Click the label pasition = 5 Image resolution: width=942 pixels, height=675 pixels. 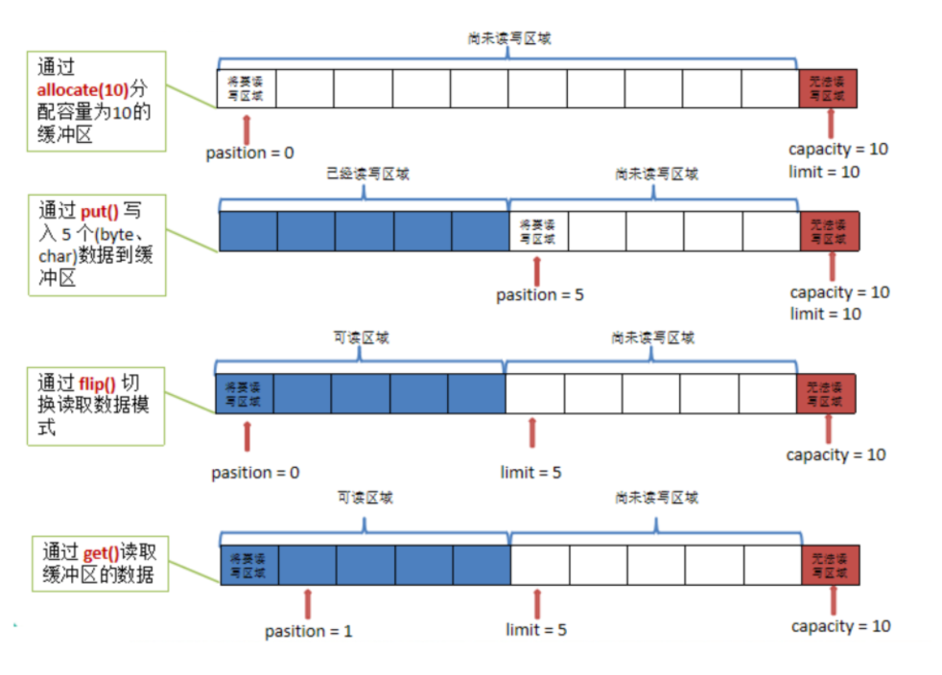click(539, 295)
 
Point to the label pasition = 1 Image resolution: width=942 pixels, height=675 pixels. click(309, 631)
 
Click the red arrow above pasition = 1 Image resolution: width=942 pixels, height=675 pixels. click(308, 603)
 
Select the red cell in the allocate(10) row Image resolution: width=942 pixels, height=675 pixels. click(828, 89)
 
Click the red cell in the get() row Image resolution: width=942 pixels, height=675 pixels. click(830, 566)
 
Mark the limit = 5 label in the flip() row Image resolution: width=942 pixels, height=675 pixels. click(530, 473)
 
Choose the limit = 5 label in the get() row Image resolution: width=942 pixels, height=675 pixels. click(536, 630)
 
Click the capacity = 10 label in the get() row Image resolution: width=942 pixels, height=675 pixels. click(840, 626)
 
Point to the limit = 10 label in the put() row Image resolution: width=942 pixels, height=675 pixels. click(825, 314)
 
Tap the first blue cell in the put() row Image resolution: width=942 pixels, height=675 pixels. click(248, 231)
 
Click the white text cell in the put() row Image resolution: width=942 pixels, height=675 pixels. click(538, 231)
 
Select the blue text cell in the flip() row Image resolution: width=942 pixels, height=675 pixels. click(244, 394)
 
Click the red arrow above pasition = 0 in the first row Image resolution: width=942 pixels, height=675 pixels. click(248, 128)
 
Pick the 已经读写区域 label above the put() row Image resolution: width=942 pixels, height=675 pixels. click(363, 175)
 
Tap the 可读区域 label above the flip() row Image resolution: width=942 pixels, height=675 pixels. click(360, 338)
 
